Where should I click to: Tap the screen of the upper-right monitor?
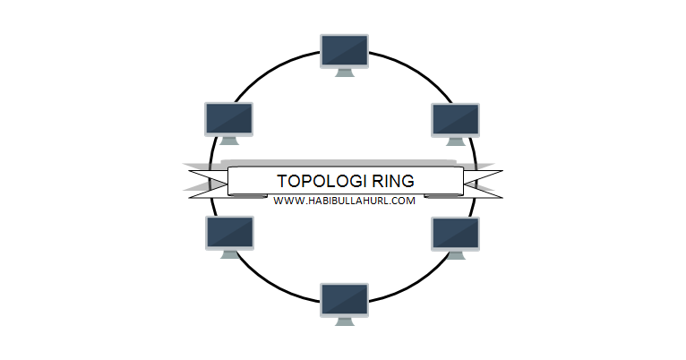pos(456,118)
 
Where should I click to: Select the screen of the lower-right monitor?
pos(456,232)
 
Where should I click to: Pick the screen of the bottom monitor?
pos(344,299)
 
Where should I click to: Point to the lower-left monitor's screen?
pos(230,232)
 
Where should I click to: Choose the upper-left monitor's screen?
pos(228,117)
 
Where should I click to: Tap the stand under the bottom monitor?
pos(344,321)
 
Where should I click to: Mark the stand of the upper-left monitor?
pos(228,141)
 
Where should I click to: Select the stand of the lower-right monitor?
pos(456,254)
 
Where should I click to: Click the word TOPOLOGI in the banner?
pos(315,180)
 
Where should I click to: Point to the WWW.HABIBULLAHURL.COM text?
pos(345,201)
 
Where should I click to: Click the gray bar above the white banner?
pos(345,162)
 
